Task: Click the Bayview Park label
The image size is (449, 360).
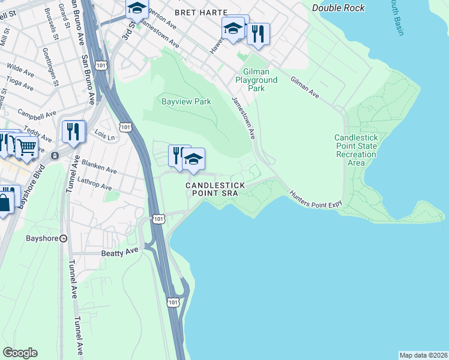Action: [x=186, y=101]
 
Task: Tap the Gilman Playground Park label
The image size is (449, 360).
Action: [x=256, y=80]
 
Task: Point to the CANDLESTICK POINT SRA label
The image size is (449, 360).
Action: [x=215, y=190]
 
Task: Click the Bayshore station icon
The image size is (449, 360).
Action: [x=63, y=238]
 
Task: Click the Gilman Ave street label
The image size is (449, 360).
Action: [x=304, y=87]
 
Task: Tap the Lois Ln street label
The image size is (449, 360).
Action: [x=104, y=137]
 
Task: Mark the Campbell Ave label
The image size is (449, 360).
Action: [x=37, y=113]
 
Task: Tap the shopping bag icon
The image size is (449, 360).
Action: [x=4, y=202]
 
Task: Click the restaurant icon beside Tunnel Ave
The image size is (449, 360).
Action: [x=73, y=131]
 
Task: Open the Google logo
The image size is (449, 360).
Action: [x=20, y=353]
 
